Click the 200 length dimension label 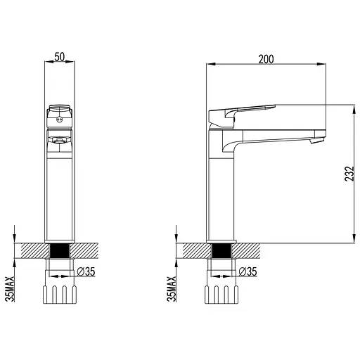click(266, 59)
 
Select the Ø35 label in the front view click(86, 272)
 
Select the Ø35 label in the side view click(247, 272)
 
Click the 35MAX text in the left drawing click(10, 289)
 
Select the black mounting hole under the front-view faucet click(60, 251)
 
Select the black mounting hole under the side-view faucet click(221, 251)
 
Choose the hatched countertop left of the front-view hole click(34, 251)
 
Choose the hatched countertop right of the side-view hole click(246, 251)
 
